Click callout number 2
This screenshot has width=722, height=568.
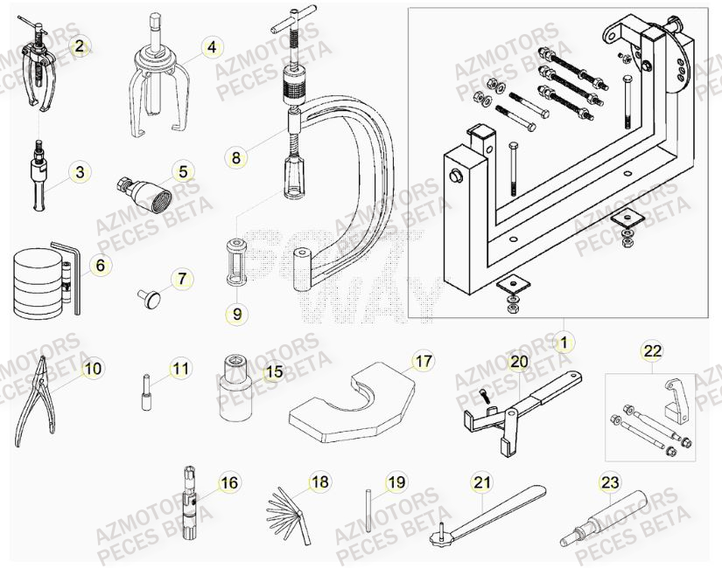click(x=80, y=46)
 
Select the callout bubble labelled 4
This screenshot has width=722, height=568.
click(x=210, y=47)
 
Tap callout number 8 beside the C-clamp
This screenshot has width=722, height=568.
click(x=235, y=158)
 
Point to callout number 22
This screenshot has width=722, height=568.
click(x=651, y=351)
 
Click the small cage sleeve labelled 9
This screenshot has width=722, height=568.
click(x=234, y=261)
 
